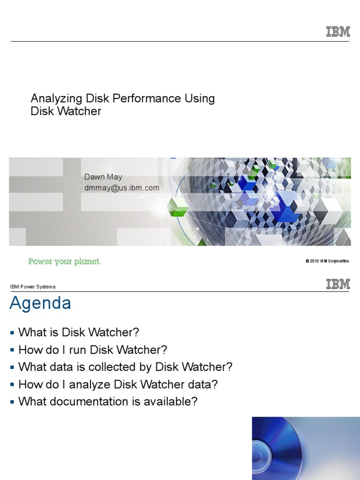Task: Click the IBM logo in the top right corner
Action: pyautogui.click(x=338, y=32)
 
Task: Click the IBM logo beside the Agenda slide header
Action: pyautogui.click(x=338, y=284)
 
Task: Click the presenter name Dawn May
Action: pyautogui.click(x=103, y=177)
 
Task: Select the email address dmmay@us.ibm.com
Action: pyautogui.click(x=121, y=188)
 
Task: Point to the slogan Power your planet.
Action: pyautogui.click(x=65, y=262)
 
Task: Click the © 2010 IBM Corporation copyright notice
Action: pyautogui.click(x=327, y=261)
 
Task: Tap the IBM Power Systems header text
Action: pyautogui.click(x=33, y=287)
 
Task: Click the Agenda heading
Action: pyautogui.click(x=40, y=303)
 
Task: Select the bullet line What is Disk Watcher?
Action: pyautogui.click(x=79, y=332)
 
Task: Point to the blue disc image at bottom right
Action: pyautogui.click(x=306, y=449)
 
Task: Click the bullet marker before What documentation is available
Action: pyautogui.click(x=12, y=402)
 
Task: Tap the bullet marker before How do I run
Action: pyautogui.click(x=12, y=350)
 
